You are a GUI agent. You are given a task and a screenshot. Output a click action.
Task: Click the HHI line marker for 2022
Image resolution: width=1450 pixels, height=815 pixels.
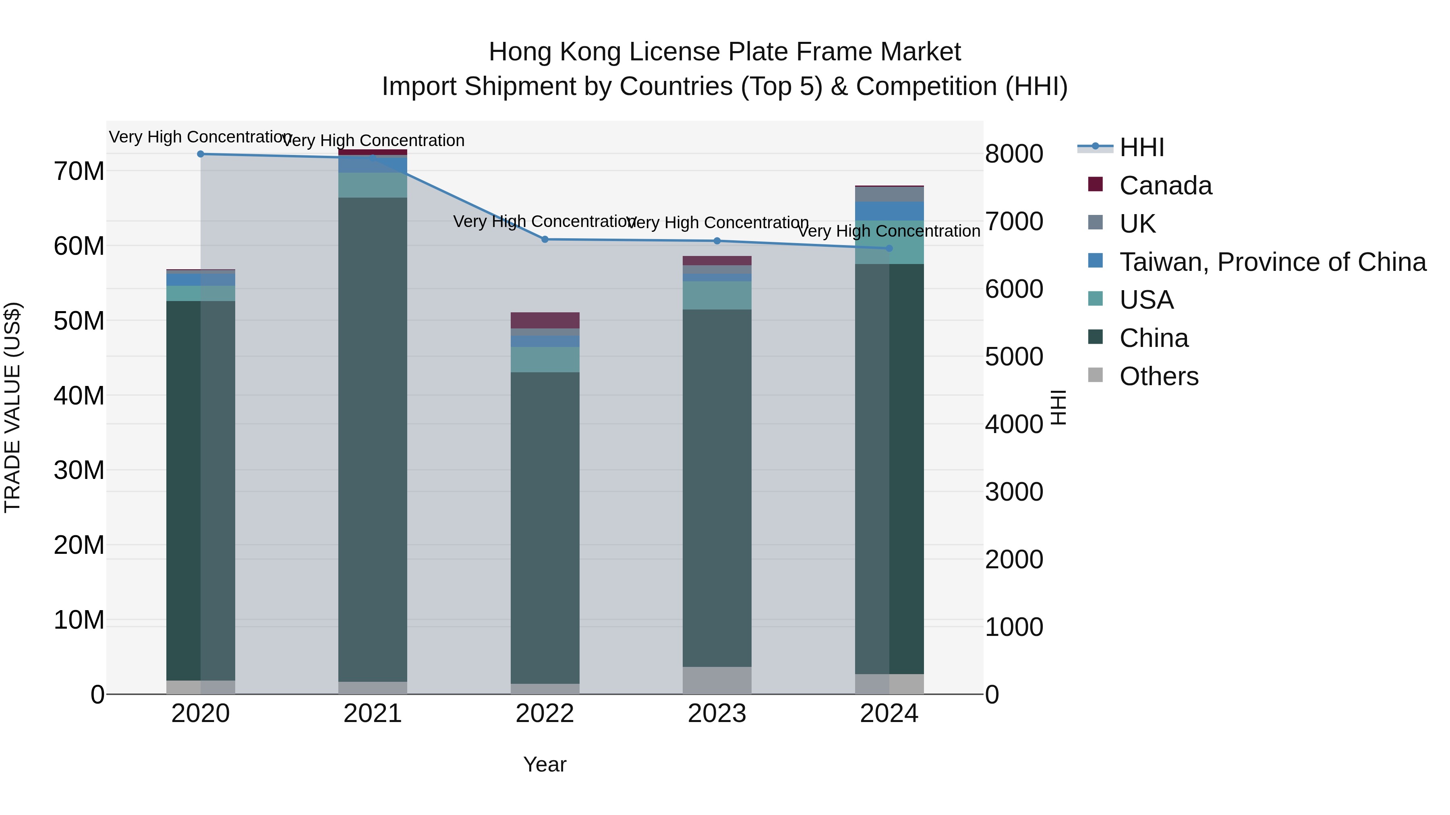[x=545, y=239]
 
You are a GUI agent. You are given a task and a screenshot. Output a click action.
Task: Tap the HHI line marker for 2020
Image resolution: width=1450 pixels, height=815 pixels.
[x=201, y=154]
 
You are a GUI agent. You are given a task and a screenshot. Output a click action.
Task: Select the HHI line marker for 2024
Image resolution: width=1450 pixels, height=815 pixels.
[x=889, y=248]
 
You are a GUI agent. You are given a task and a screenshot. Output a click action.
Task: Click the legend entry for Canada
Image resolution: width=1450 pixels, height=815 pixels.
[x=1165, y=186]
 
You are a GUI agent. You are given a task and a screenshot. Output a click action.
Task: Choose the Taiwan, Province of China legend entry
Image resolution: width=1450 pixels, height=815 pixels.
[x=1272, y=262]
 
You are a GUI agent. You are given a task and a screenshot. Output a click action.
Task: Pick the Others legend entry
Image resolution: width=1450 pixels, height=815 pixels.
[x=1158, y=376]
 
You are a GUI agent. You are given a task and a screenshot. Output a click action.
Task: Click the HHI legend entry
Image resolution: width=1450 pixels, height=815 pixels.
[x=1141, y=147]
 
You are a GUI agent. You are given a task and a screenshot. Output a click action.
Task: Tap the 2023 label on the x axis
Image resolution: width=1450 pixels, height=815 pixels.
[x=717, y=714]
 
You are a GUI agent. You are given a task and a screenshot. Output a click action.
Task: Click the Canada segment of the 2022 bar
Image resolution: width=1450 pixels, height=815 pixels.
[x=545, y=320]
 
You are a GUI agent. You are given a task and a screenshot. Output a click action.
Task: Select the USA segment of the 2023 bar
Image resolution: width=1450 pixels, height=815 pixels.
[x=717, y=295]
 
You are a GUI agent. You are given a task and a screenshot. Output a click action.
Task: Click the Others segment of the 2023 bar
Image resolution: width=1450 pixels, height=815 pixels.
[x=717, y=680]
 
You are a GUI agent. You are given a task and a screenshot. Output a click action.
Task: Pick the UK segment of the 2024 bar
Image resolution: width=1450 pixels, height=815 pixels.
[x=889, y=194]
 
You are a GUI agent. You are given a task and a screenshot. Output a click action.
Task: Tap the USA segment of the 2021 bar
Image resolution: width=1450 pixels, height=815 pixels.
[x=373, y=185]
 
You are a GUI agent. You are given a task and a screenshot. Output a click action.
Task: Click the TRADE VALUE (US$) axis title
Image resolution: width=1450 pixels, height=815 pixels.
[x=12, y=407]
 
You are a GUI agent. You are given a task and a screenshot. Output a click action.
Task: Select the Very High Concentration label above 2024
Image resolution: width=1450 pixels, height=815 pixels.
[x=889, y=231]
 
